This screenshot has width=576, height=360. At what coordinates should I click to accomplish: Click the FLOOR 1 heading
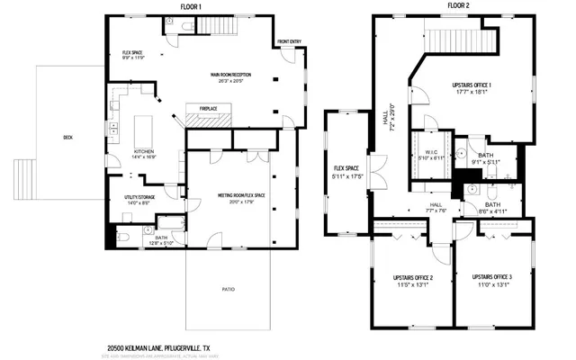192,6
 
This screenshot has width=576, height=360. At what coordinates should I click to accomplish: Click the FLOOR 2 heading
459,6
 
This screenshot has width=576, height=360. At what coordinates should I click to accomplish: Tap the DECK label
68,138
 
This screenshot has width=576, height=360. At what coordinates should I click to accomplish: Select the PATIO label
229,289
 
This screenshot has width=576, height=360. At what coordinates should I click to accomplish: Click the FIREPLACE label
209,109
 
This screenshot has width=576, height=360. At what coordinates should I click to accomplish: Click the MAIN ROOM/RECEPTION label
229,74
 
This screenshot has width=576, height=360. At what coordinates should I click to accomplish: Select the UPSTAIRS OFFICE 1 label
476,85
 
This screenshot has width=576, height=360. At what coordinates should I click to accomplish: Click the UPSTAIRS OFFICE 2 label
413,277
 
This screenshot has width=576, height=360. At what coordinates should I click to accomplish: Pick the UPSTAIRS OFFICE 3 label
491,277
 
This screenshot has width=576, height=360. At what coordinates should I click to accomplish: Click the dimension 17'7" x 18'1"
476,92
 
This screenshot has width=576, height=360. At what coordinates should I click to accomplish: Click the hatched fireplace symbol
209,118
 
